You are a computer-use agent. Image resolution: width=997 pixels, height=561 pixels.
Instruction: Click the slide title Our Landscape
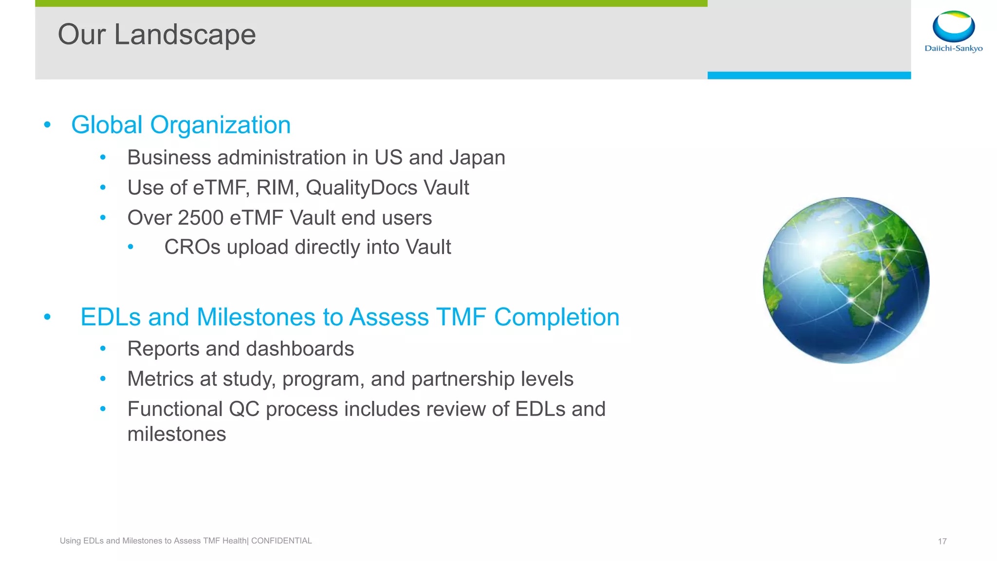tap(156, 35)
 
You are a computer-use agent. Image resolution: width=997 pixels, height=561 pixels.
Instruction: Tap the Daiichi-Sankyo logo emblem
tap(953, 26)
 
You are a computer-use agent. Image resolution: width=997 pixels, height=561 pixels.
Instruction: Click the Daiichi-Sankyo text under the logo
tap(953, 48)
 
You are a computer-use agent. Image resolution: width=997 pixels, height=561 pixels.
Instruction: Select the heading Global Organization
tap(181, 125)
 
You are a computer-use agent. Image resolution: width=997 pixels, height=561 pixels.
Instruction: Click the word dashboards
tap(307, 349)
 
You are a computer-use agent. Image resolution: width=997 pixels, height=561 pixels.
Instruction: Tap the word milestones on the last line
tap(177, 434)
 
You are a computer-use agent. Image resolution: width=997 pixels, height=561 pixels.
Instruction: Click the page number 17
tap(942, 542)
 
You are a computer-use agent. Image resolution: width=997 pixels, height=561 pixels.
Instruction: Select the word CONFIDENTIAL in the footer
tap(281, 541)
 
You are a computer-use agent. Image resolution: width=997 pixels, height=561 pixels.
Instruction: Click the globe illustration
tap(846, 280)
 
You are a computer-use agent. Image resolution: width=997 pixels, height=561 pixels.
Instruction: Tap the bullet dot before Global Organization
tap(47, 125)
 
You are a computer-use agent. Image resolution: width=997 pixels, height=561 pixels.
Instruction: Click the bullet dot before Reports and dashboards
tap(103, 349)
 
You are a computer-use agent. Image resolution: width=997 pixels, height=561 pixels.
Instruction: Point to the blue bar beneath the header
tap(809, 75)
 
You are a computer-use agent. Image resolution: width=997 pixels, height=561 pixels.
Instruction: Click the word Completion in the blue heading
tap(556, 317)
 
